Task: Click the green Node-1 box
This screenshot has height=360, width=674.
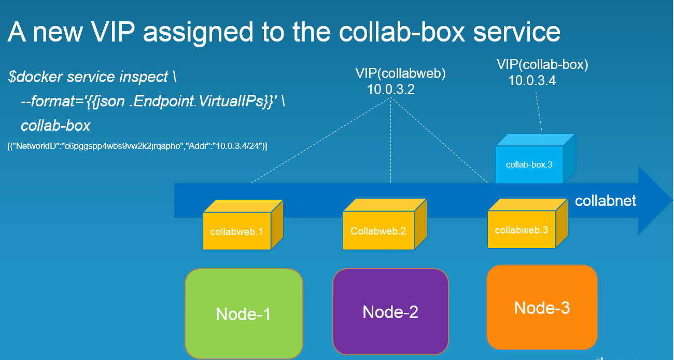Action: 244,314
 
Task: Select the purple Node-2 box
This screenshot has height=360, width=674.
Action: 390,312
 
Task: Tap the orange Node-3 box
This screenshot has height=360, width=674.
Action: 542,307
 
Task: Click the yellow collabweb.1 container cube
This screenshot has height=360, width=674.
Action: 243,225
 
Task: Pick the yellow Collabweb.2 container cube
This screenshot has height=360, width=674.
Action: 385,224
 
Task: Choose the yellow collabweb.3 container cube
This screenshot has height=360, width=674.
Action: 527,224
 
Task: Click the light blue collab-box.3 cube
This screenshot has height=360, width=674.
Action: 535,158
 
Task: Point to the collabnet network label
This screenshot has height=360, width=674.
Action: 606,200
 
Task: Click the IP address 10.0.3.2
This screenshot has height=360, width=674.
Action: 391,89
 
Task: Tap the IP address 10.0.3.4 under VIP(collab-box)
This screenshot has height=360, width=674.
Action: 532,81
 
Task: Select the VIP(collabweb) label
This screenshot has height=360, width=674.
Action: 400,74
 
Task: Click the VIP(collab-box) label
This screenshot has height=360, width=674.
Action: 542,65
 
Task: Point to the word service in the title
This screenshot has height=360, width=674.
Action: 516,32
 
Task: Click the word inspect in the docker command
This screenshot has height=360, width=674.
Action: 144,77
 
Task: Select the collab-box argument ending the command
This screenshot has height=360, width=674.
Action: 55,126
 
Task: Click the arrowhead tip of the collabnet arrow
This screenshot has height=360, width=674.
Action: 672,200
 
